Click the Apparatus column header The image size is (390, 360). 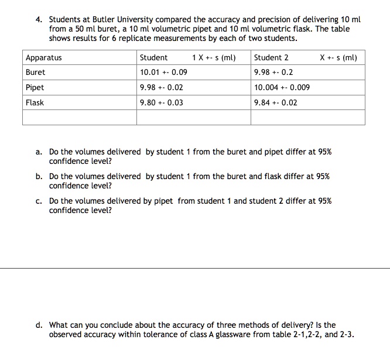tap(44, 58)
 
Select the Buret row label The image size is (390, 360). tap(35, 73)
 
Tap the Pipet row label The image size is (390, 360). tap(35, 88)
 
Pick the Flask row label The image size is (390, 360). tap(35, 102)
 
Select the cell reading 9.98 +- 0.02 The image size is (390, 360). tap(162, 88)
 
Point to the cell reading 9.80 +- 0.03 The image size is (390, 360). tap(162, 102)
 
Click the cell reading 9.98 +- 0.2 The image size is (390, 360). tap(273, 73)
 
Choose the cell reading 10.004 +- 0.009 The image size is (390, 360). tap(282, 88)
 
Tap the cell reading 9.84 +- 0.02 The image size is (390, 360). tap(276, 102)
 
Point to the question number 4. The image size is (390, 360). tap(38, 19)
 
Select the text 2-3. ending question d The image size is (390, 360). tap(347, 335)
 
